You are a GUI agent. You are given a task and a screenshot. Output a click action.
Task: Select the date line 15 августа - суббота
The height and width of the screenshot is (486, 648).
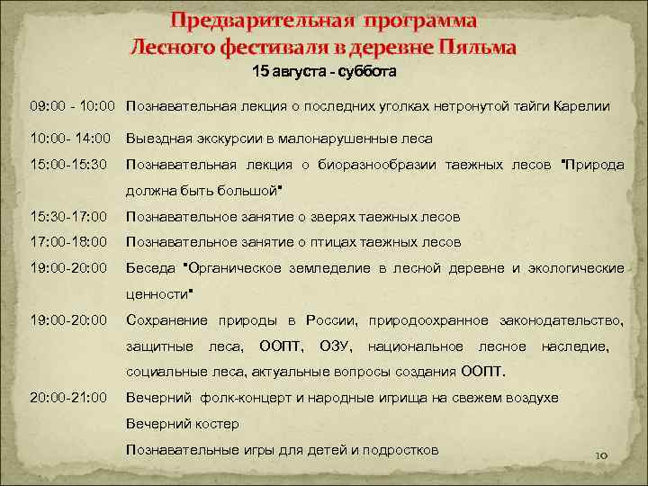point(324,70)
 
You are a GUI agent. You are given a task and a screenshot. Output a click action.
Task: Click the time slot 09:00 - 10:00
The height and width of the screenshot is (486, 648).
point(72,106)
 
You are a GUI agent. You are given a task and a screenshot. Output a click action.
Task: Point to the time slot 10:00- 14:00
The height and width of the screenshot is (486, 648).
point(69,139)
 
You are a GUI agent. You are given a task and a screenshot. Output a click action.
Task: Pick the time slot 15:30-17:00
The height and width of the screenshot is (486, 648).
point(68,217)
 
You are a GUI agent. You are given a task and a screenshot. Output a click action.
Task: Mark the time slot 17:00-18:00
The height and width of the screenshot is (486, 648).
point(68,242)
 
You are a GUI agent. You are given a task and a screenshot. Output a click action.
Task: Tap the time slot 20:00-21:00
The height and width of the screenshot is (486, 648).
point(68,397)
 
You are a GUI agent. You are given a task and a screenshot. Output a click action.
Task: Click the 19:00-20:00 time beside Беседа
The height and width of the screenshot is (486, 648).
point(68,268)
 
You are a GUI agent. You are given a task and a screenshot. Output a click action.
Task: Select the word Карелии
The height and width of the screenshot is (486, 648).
point(583,106)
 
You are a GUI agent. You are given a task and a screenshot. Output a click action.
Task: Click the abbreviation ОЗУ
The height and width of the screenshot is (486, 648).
point(336,346)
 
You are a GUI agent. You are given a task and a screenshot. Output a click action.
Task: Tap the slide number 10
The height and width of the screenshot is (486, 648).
point(602,456)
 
